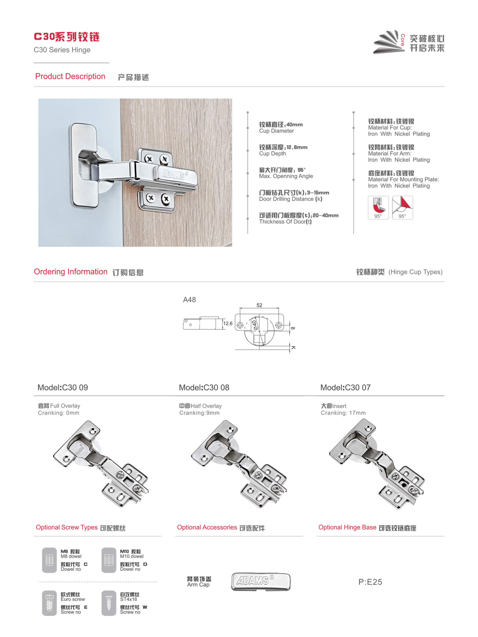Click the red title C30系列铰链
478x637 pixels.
tap(66, 37)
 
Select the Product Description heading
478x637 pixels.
tap(70, 76)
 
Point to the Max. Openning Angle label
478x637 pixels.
tap(286, 176)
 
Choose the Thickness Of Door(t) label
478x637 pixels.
tap(285, 222)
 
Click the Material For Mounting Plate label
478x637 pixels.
tap(403, 180)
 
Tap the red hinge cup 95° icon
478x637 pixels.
tap(378, 207)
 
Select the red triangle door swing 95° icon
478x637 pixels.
tap(402, 207)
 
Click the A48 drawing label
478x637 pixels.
tap(189, 300)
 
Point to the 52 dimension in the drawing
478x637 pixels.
tap(259, 305)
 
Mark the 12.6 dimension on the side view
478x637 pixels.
tap(228, 323)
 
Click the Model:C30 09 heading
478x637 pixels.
tap(63, 388)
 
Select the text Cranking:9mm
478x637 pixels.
tap(199, 413)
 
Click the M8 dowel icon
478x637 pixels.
tap(50, 560)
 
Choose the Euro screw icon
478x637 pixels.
tap(50, 603)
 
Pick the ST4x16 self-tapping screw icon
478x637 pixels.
tap(109, 603)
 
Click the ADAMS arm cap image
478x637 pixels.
tap(261, 581)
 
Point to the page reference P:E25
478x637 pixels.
tap(370, 582)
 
